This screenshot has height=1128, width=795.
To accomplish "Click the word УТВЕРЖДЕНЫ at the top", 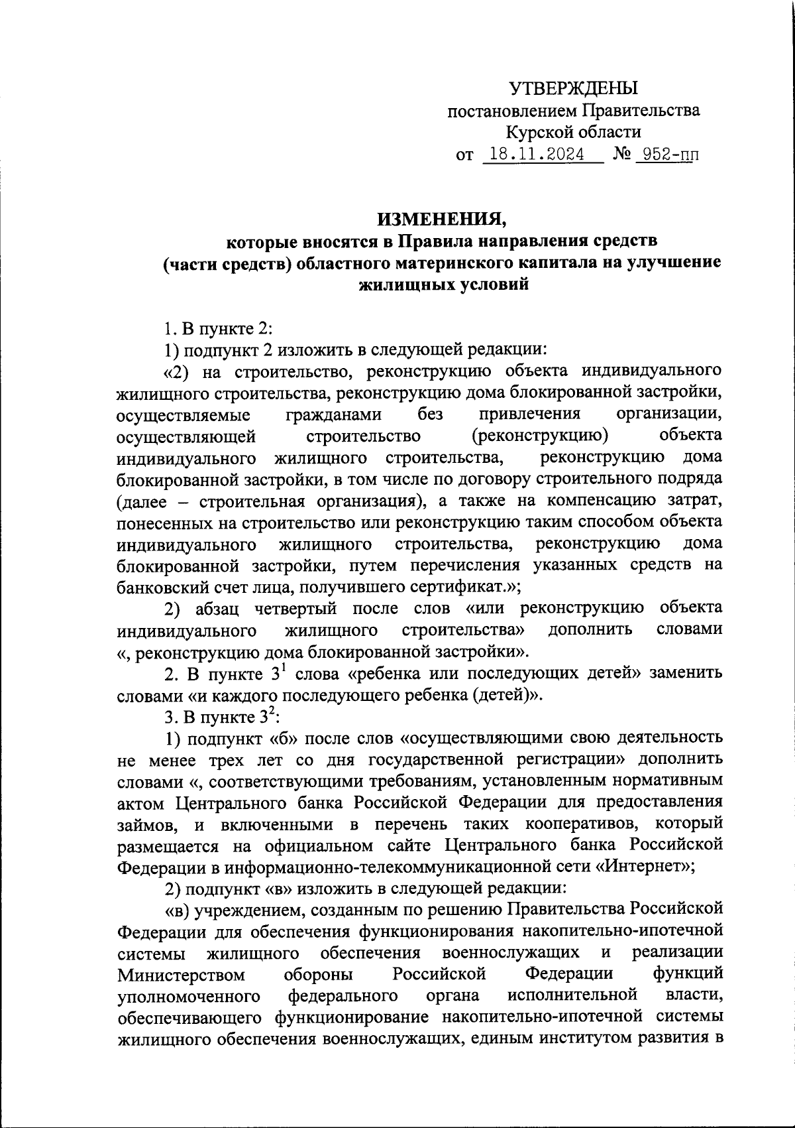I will click(x=574, y=88).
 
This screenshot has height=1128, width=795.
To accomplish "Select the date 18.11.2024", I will click(x=534, y=155).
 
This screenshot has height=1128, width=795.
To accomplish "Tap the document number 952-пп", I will click(x=666, y=155).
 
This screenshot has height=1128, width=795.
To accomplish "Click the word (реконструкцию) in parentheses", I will click(x=541, y=436).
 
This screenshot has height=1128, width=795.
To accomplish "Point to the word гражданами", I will click(x=334, y=414).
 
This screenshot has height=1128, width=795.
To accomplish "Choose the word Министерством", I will click(x=181, y=975).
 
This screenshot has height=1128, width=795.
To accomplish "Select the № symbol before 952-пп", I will click(x=621, y=155).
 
